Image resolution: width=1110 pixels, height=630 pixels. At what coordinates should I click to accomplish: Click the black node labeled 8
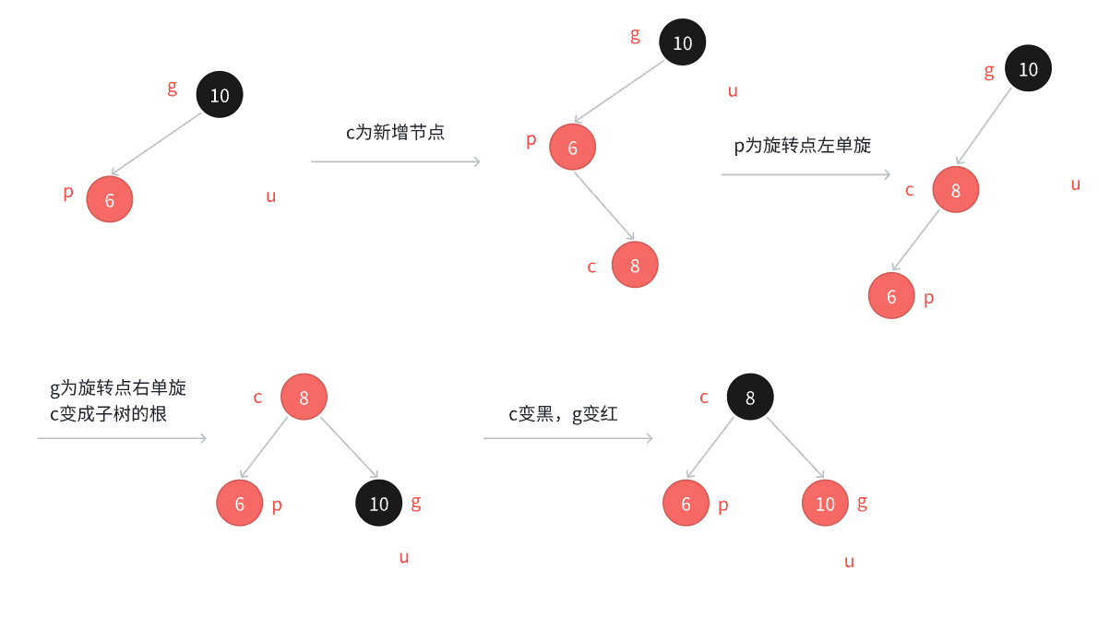click(x=750, y=398)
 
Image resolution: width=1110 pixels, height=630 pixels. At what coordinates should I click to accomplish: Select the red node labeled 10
click(x=825, y=504)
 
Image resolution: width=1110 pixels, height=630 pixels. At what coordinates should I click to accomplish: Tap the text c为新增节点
click(x=395, y=133)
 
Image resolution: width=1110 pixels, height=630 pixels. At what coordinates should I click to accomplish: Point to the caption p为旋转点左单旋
click(x=802, y=146)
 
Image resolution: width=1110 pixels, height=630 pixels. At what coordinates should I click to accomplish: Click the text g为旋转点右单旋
click(x=118, y=387)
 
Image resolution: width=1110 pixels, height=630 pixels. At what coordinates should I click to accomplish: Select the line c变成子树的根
click(x=108, y=414)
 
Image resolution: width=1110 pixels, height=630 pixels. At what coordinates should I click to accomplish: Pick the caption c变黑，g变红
click(x=563, y=415)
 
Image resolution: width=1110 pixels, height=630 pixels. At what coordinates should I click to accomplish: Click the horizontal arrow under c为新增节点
click(x=395, y=161)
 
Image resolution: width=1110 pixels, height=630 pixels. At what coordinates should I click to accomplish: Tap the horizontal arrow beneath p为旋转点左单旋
click(x=806, y=174)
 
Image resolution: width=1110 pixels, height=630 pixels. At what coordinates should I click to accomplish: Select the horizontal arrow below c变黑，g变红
click(x=567, y=438)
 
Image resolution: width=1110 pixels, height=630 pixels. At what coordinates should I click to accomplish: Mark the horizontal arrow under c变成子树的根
click(x=122, y=438)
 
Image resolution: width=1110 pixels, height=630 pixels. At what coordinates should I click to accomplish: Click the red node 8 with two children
click(x=304, y=398)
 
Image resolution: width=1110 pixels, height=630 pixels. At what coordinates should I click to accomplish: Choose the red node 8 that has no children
click(x=635, y=266)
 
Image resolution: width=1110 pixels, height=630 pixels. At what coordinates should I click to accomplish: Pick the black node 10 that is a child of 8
click(x=379, y=504)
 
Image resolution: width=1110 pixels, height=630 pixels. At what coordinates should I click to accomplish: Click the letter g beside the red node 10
click(x=862, y=502)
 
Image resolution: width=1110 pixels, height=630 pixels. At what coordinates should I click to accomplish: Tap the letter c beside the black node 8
click(x=704, y=398)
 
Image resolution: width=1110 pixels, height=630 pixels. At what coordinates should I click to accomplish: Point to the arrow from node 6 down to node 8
click(x=603, y=206)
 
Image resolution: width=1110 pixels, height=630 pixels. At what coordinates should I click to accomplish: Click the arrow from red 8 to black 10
click(x=348, y=447)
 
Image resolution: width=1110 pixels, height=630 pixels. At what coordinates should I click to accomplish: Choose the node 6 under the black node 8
click(x=686, y=504)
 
